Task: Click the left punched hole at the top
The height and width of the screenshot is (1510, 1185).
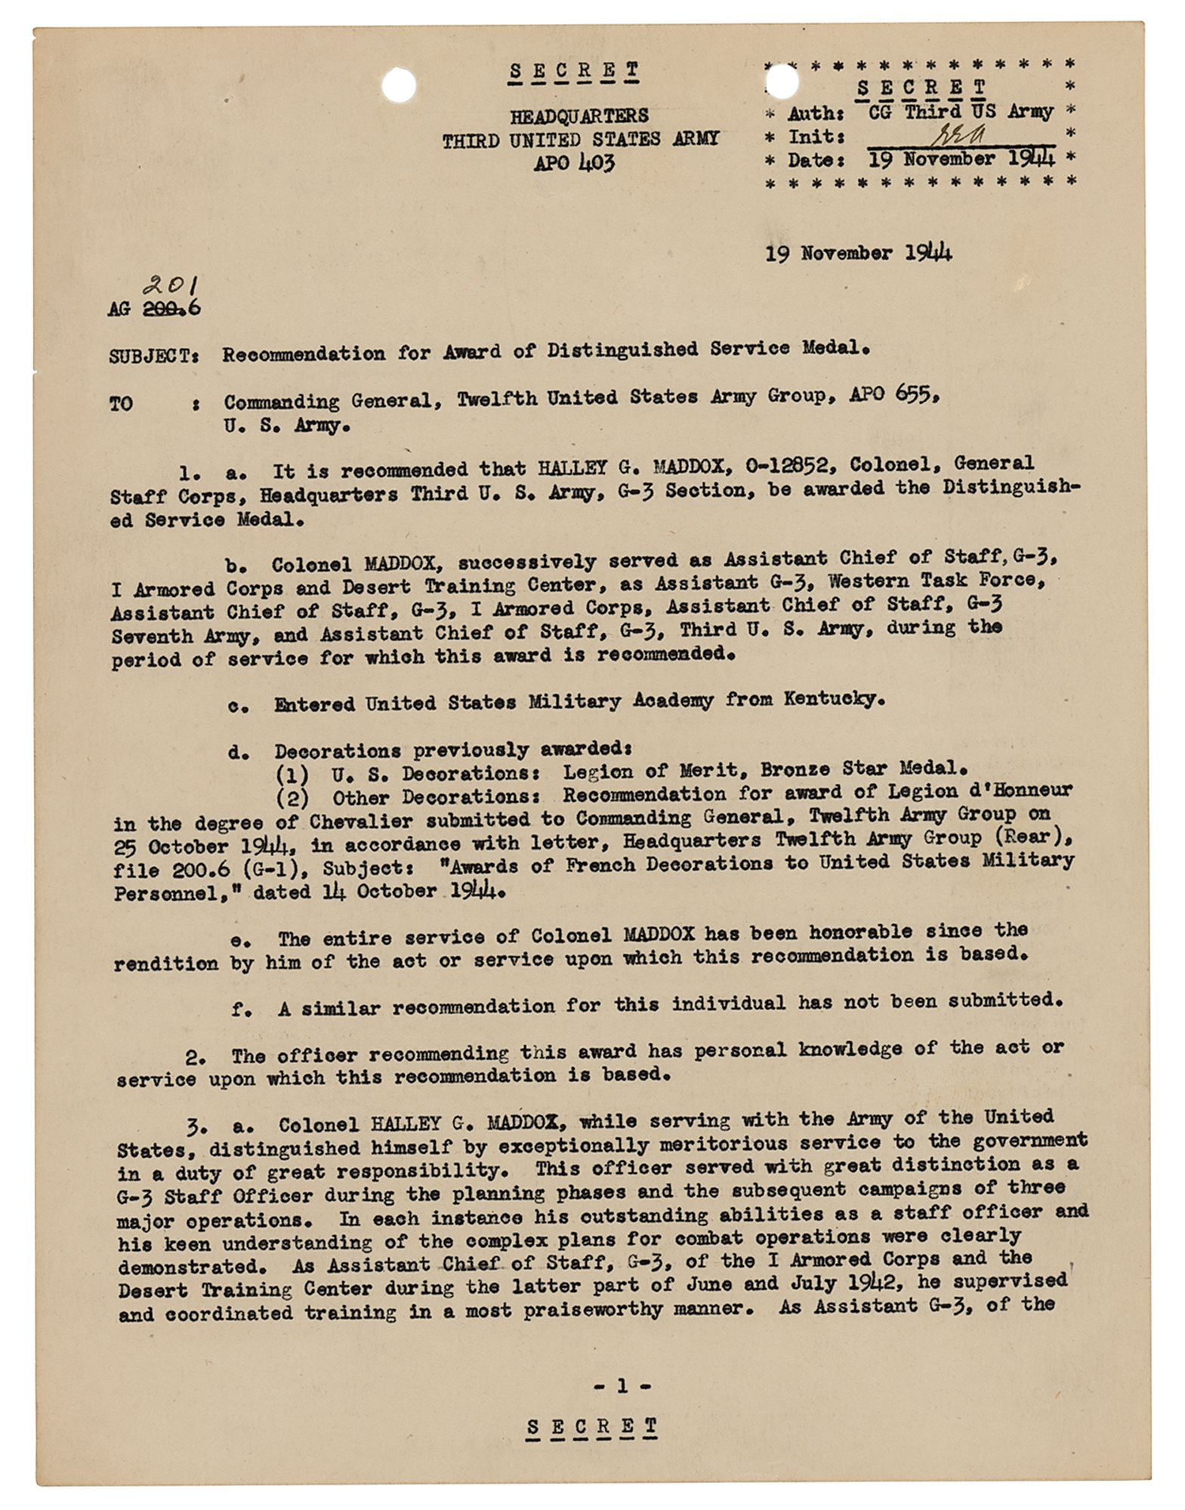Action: pos(399,85)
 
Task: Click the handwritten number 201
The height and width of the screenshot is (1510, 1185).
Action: pos(171,285)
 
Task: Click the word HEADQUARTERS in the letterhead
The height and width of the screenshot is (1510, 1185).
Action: pos(579,116)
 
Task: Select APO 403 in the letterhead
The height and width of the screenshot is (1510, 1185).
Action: pos(575,163)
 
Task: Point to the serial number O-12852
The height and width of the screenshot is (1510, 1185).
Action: pos(789,466)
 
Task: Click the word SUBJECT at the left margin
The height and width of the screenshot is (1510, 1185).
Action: pos(153,356)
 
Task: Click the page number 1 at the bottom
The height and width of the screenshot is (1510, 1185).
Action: pos(622,1385)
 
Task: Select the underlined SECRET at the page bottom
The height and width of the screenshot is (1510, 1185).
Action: pos(592,1426)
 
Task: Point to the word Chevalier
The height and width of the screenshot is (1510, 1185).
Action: pos(371,821)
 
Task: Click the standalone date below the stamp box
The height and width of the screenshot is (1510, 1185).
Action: pos(858,252)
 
